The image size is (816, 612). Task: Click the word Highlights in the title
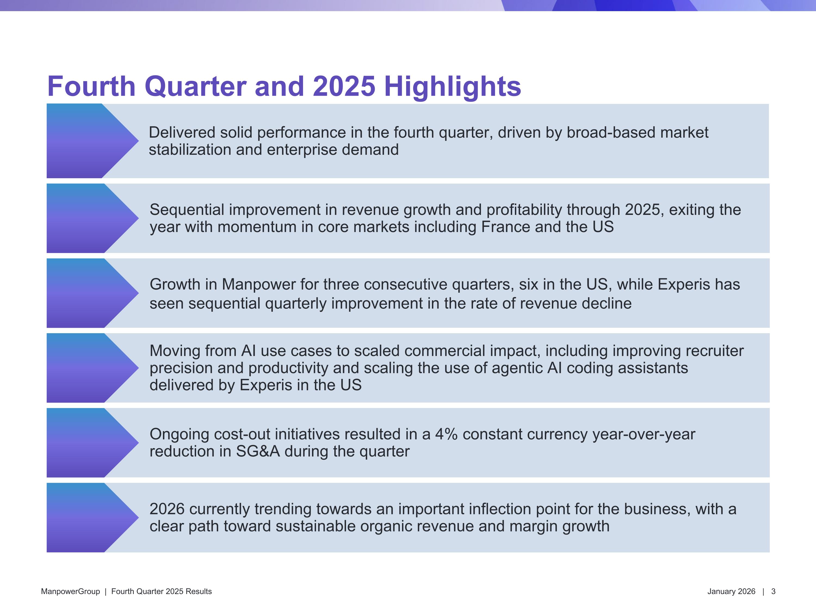pyautogui.click(x=453, y=87)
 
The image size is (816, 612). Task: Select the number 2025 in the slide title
pyautogui.click(x=344, y=86)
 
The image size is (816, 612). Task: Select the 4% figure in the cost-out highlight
pyautogui.click(x=446, y=434)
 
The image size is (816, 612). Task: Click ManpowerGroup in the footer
pyautogui.click(x=70, y=591)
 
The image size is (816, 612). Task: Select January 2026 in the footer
pyautogui.click(x=731, y=591)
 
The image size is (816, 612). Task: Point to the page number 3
pyautogui.click(x=773, y=591)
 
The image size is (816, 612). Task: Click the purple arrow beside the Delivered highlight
pyautogui.click(x=92, y=141)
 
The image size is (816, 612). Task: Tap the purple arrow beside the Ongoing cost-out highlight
pyautogui.click(x=92, y=443)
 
